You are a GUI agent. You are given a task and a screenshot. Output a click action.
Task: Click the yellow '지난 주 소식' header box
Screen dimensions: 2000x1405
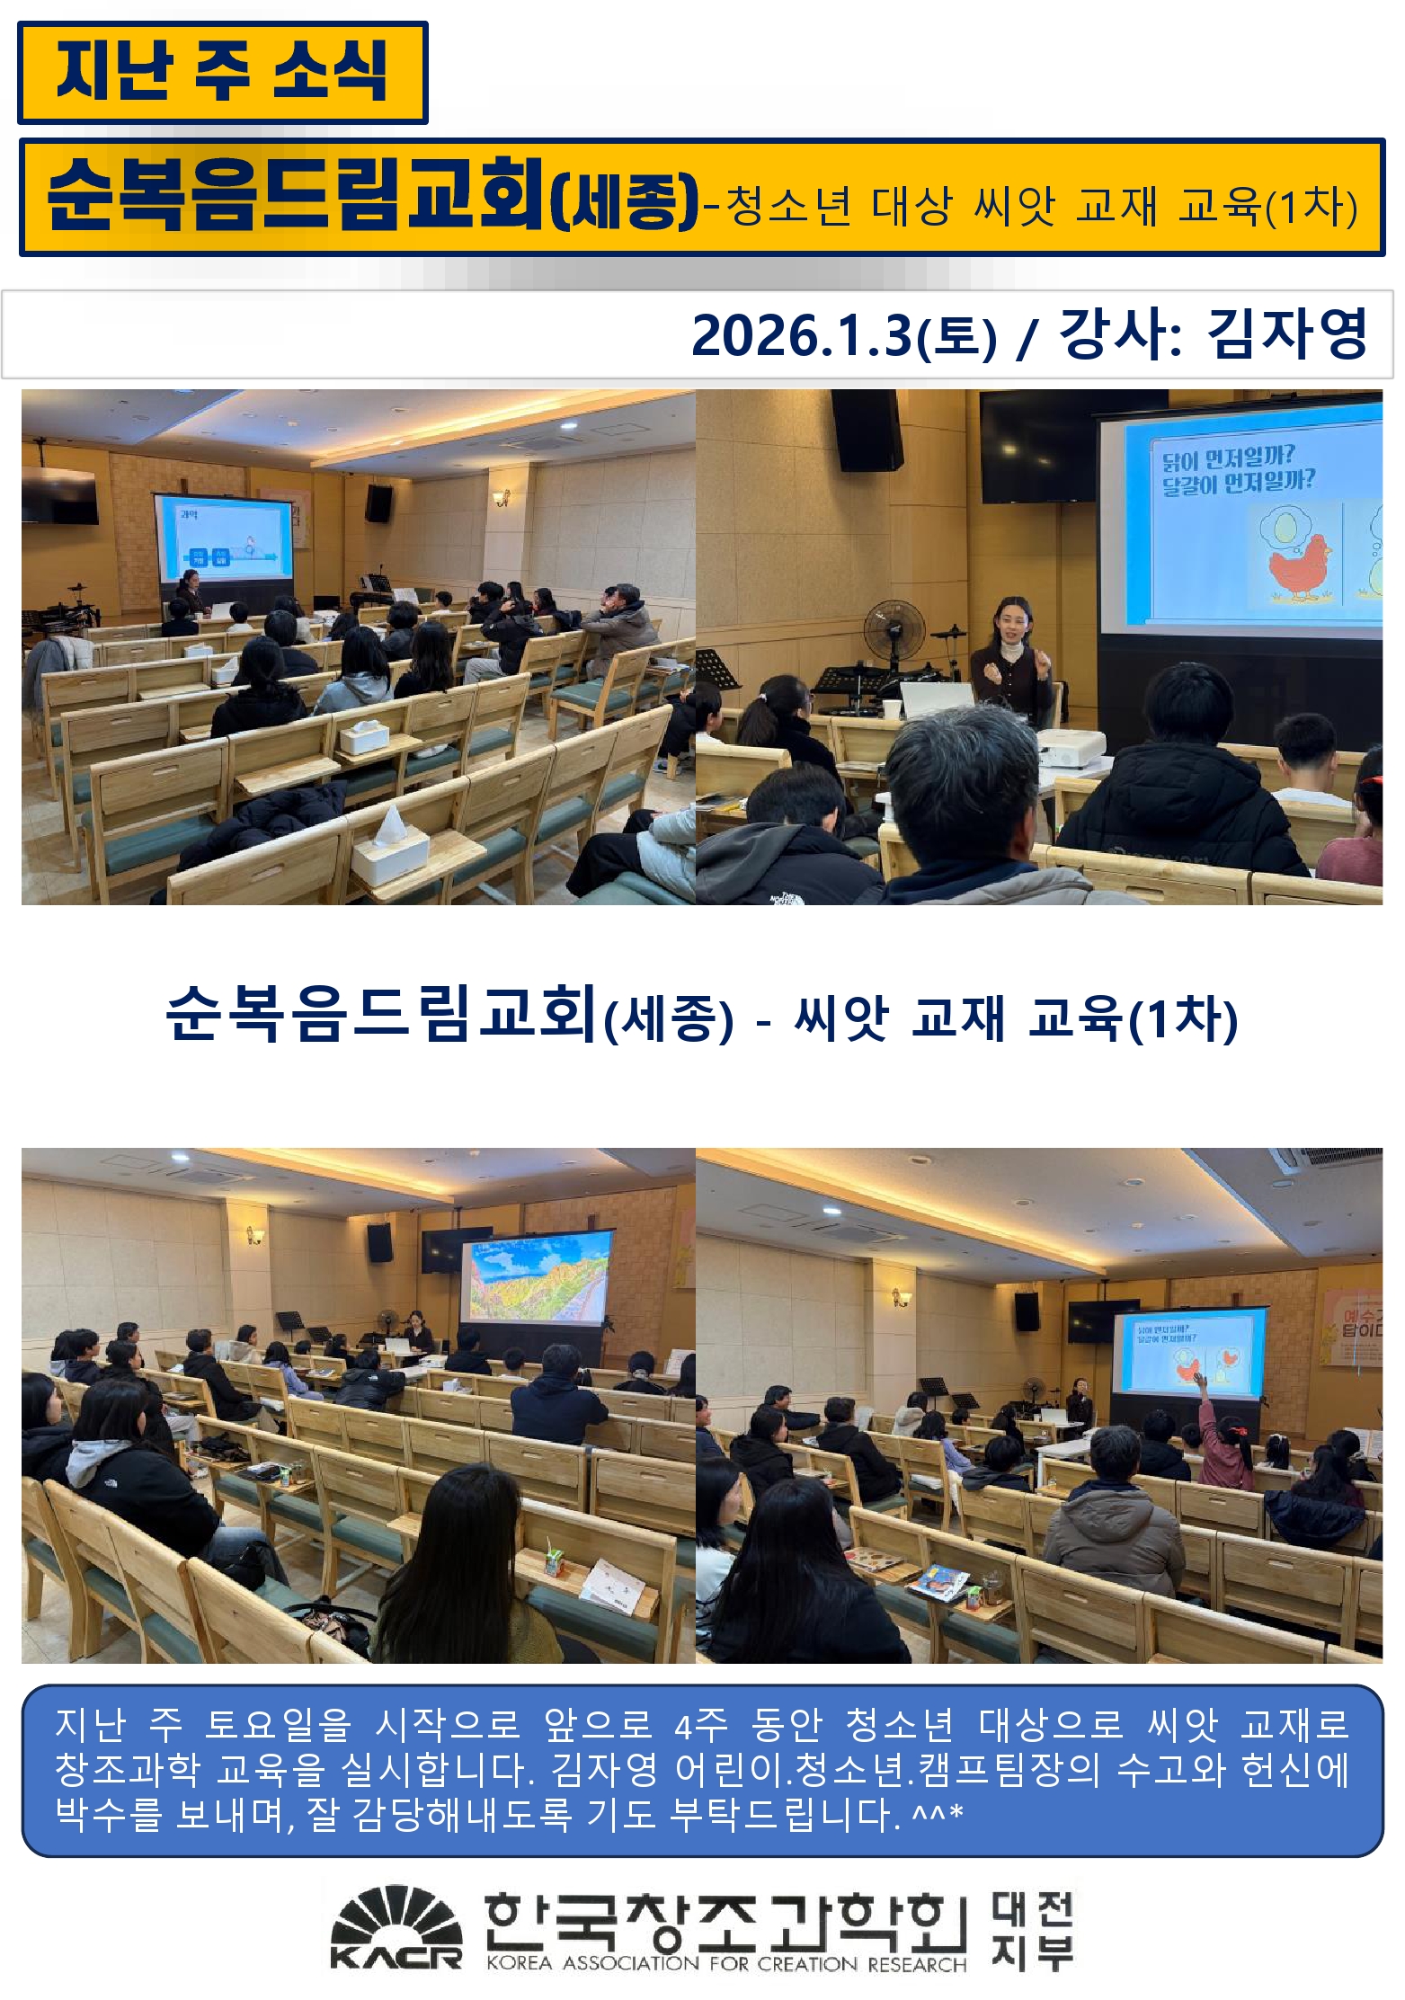tap(222, 72)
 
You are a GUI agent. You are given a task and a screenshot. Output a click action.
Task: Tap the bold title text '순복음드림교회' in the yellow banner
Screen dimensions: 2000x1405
tap(297, 194)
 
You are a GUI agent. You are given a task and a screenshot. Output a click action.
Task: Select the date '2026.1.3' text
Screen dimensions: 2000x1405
tap(801, 336)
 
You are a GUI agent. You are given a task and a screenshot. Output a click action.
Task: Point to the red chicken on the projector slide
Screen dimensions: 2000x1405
tap(1298, 564)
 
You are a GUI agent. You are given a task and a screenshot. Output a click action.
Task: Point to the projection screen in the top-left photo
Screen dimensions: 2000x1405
tap(223, 537)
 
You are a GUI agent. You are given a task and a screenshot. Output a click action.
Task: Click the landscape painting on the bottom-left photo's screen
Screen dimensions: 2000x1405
tap(535, 1282)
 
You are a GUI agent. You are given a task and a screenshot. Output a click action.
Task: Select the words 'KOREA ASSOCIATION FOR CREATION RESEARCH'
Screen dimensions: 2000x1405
tap(725, 1963)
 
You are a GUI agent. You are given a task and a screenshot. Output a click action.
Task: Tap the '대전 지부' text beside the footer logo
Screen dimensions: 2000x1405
tap(1033, 1931)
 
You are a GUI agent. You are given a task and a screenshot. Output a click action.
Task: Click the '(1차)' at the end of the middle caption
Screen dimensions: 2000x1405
tap(1183, 1018)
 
